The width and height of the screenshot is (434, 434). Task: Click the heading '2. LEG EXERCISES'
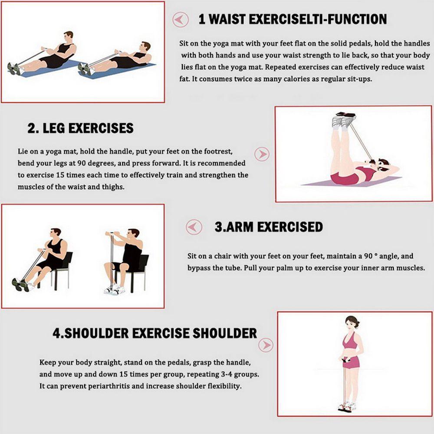pos(80,128)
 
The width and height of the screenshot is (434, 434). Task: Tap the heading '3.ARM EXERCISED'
pos(269,227)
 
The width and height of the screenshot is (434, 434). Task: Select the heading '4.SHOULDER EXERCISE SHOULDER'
pos(155,333)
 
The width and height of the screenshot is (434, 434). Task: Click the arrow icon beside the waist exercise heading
pos(181,20)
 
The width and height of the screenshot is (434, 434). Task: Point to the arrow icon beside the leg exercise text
pos(262,154)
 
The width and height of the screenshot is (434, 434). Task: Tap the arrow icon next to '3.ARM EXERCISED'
pos(194,227)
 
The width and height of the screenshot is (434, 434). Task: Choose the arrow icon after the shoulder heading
pos(266,345)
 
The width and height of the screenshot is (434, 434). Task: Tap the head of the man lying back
pos(145,47)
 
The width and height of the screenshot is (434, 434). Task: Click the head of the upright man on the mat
pos(68,36)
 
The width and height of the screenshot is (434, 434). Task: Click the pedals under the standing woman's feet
pos(347,408)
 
